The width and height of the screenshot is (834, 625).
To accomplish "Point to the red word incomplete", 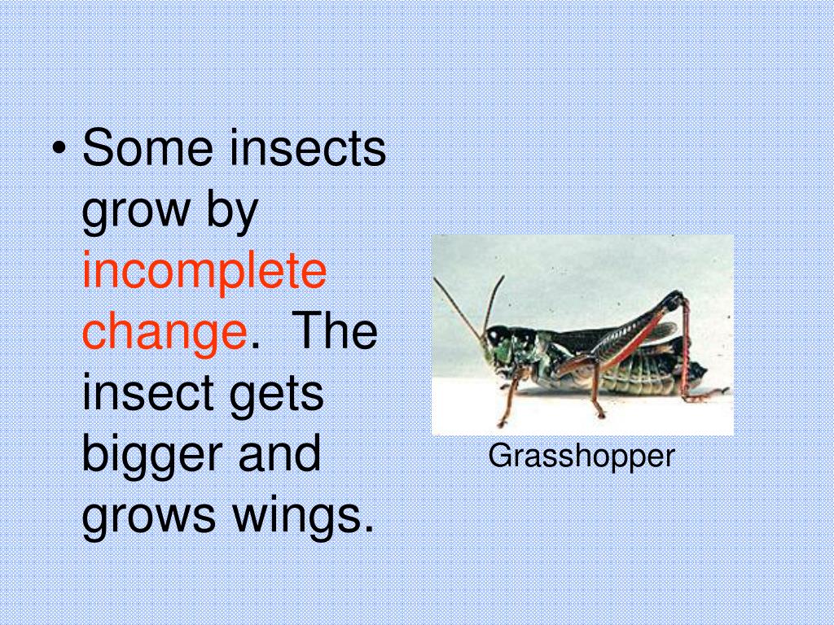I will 204,272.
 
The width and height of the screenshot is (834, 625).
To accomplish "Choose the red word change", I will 164,333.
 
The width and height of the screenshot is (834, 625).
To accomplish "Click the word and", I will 279,454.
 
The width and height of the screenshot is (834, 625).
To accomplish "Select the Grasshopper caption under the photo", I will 582,457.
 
